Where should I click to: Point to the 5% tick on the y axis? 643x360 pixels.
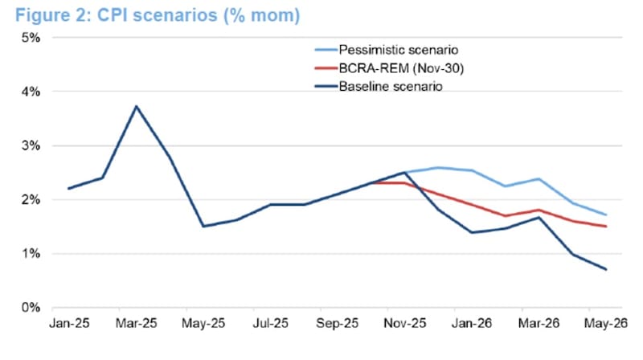tap(31, 38)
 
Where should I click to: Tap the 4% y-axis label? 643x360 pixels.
tap(31, 92)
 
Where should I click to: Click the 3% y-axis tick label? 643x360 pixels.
tap(31, 145)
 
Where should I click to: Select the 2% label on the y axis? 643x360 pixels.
tap(31, 199)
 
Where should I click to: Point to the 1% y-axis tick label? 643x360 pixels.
tap(31, 254)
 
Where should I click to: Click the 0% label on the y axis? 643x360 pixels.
tap(31, 308)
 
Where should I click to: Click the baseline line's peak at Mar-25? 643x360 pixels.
tap(137, 106)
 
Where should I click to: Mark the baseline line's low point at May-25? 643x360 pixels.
tap(203, 226)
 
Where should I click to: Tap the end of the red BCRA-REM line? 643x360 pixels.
tap(605, 226)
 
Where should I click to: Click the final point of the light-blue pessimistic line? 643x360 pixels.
tap(605, 215)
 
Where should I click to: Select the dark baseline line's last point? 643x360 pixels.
tap(605, 269)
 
